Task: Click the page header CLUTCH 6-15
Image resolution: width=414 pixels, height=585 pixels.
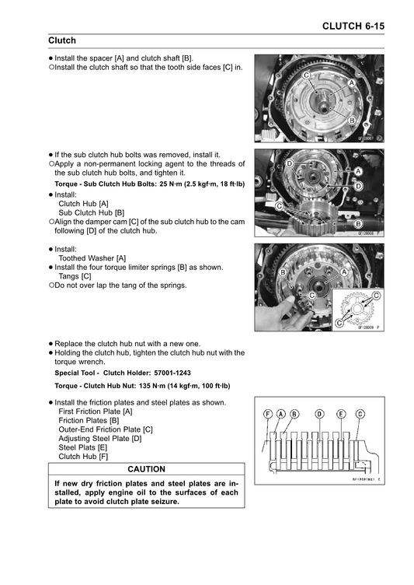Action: pos(353,26)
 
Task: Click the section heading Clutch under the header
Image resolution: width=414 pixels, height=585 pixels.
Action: pos(62,40)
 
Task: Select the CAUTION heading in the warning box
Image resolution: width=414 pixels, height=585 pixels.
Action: pos(147,469)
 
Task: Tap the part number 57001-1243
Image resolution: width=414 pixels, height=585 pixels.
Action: pos(172,373)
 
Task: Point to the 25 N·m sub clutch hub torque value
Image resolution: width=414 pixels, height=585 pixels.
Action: pos(169,184)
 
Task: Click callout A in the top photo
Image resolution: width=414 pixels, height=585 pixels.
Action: pos(351,83)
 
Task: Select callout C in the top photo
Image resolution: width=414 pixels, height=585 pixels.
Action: pos(306,75)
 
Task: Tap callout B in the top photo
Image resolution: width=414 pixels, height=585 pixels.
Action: pos(351,120)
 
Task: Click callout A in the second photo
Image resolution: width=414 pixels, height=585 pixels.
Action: pos(358,171)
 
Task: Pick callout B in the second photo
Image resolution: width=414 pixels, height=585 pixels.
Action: pos(358,223)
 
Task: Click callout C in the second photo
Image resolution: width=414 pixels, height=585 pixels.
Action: pos(279,206)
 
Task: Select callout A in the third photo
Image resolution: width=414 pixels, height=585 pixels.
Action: pos(344,272)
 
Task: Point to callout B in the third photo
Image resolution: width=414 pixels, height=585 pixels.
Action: pos(283,272)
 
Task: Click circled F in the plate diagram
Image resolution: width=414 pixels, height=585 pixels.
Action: pos(267,414)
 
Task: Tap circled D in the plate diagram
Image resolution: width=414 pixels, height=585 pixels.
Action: pos(320,414)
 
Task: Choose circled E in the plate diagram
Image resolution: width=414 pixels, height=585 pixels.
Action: pos(341,414)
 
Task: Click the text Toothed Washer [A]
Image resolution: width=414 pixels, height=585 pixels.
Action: pos(92,258)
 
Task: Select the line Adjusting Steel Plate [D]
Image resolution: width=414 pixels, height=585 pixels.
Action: pos(100,439)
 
